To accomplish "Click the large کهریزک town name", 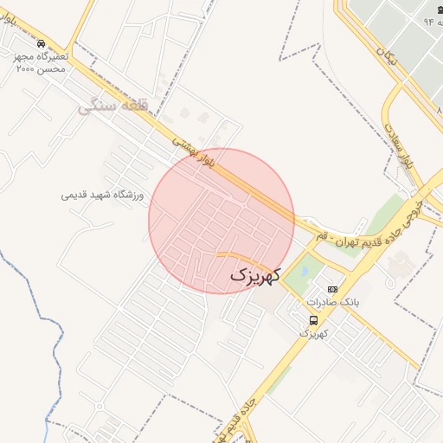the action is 257,276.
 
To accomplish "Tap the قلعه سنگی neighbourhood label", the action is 108,106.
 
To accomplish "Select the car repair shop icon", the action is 42,43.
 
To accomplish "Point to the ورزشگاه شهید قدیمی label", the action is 102,195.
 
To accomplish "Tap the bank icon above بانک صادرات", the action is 332,289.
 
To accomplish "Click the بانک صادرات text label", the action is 332,303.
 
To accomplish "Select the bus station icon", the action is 313,319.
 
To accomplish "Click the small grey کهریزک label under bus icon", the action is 316,333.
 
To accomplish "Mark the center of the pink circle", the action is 221,221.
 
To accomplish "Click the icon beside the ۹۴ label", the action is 432,8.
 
